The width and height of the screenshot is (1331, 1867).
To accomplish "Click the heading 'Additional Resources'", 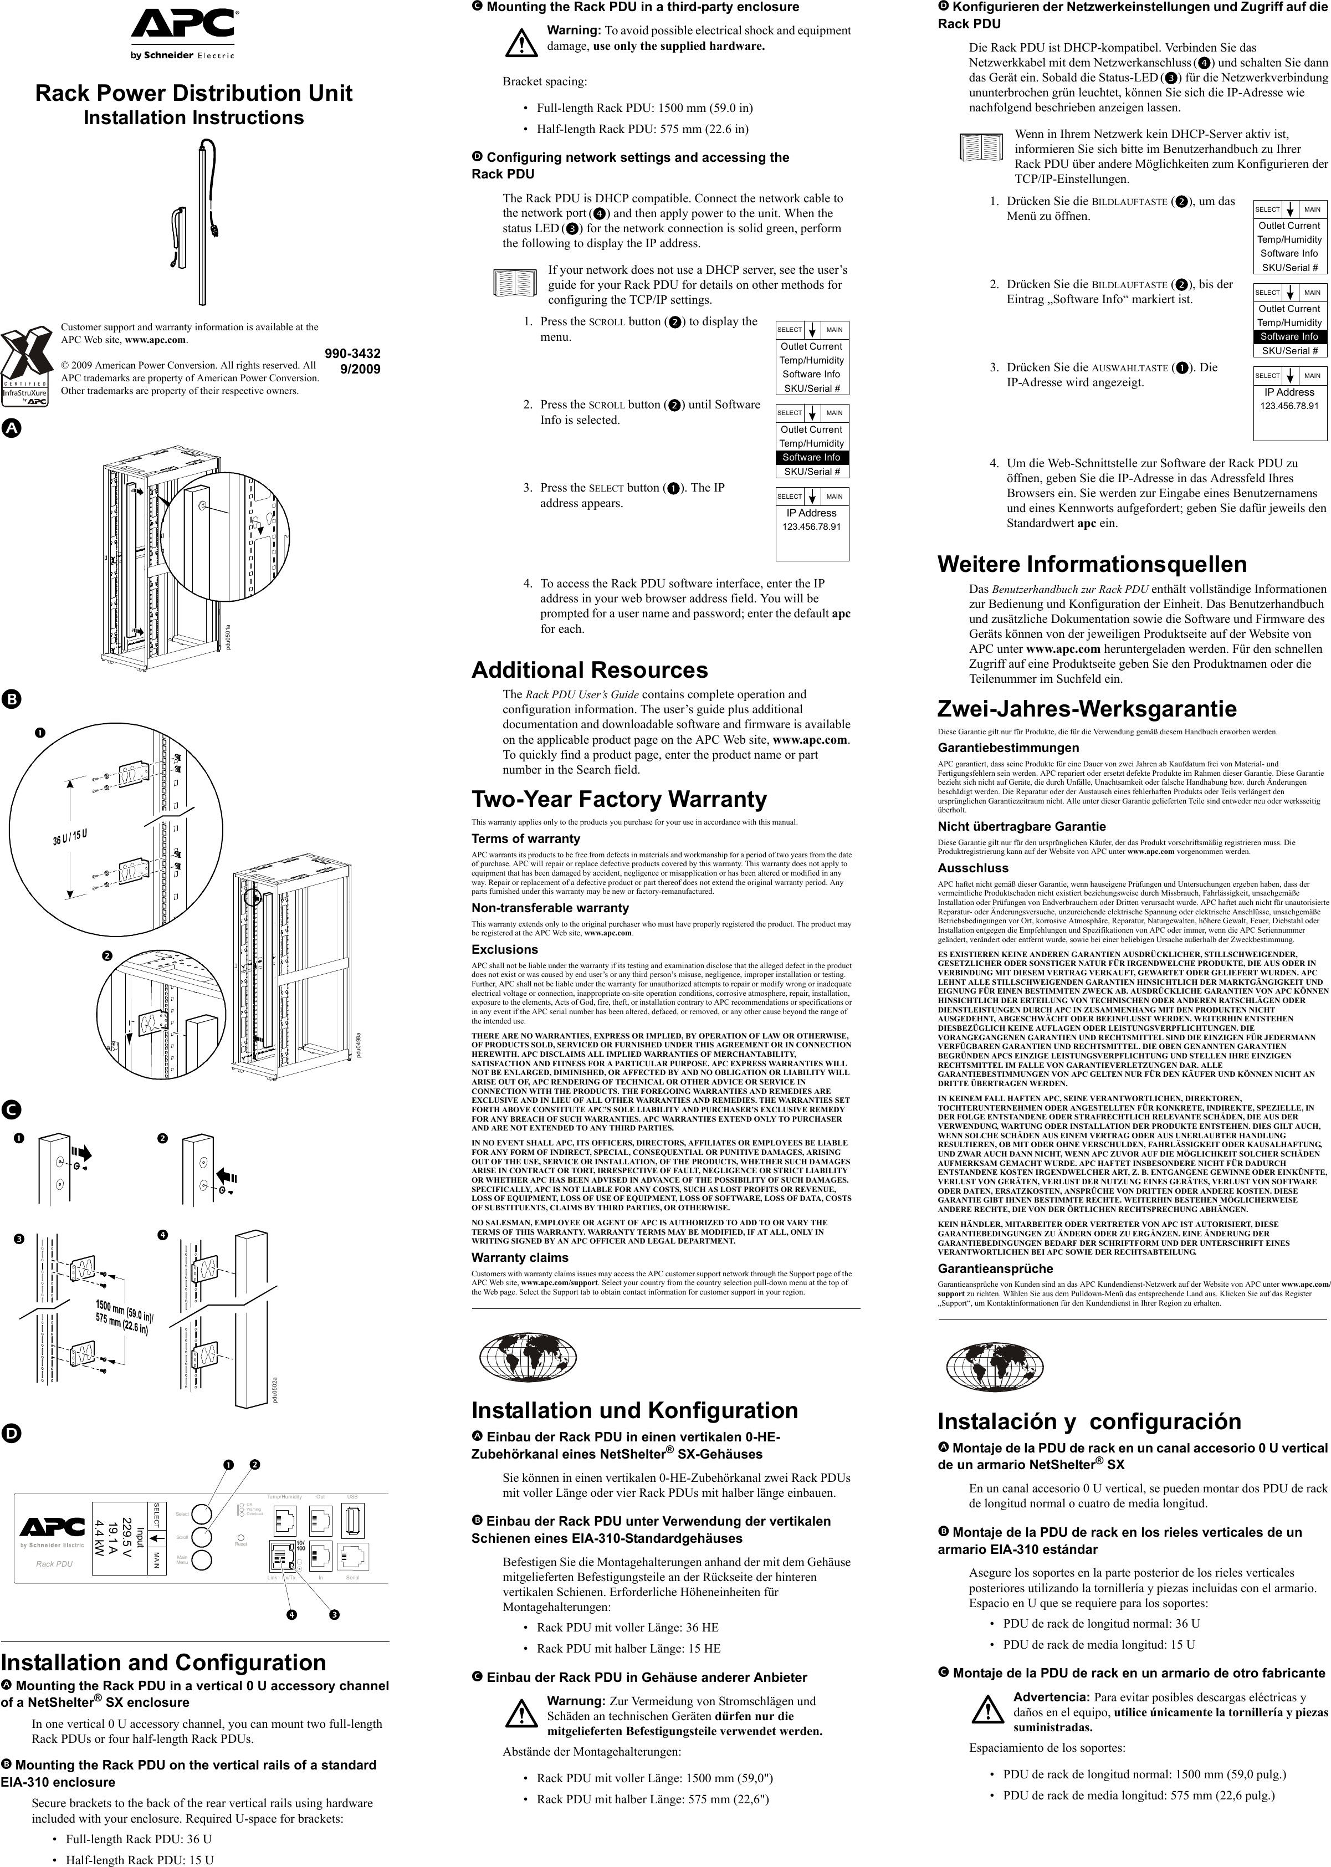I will click(588, 669).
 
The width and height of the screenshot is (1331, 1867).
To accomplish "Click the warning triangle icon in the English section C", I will click(520, 41).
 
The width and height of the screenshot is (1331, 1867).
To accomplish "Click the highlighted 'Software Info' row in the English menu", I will click(811, 457).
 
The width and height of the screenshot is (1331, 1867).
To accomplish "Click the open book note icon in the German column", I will click(981, 147).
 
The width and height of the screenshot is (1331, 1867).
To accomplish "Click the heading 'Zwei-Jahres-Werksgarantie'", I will click(1087, 708).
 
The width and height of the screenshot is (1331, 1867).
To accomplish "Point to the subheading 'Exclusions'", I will click(504, 949).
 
